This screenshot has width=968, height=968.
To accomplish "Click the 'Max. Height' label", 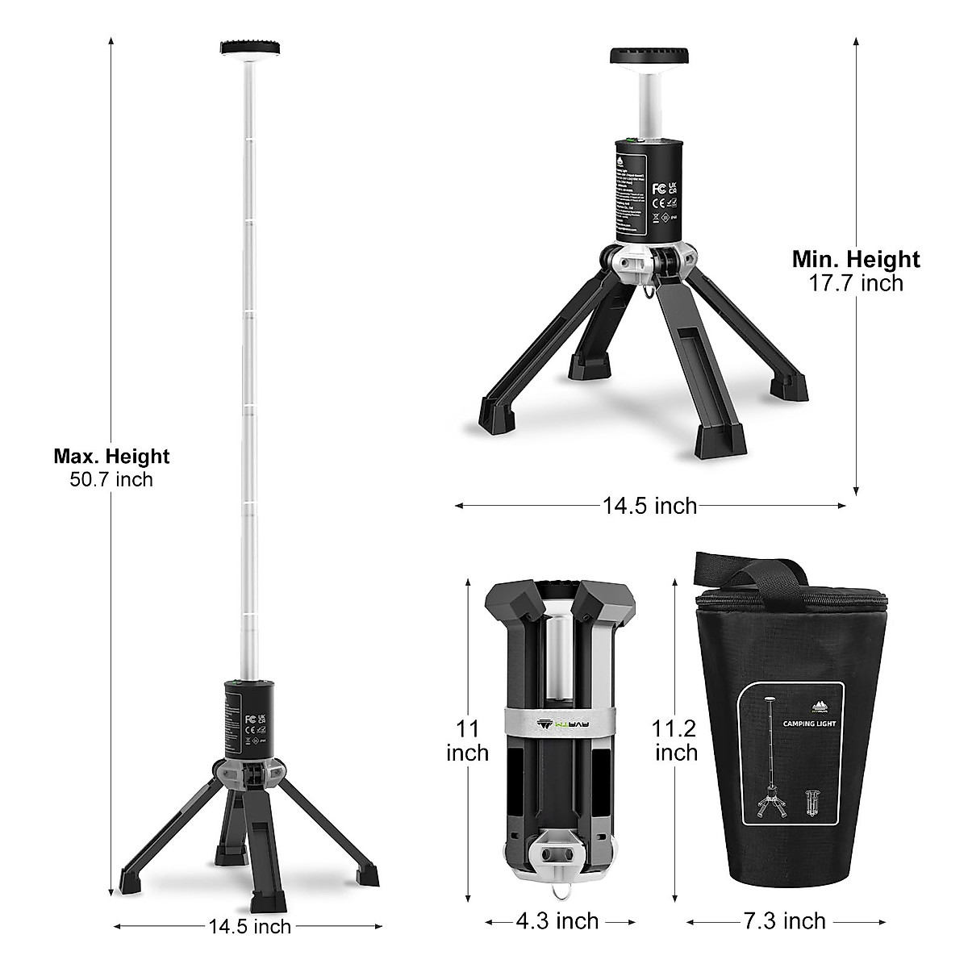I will pos(111,457).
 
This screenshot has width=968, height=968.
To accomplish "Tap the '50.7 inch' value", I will pos(111,479).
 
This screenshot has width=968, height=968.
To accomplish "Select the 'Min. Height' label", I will pos(855,259).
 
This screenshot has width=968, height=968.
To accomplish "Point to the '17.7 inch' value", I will pos(855,283).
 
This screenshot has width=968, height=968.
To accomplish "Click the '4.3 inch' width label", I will pos(560,920).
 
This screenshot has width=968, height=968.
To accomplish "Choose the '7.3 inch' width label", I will pos(786,920).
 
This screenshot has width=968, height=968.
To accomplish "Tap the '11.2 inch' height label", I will pos(676,741).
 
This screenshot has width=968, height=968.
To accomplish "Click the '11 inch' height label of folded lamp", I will pos(468,741).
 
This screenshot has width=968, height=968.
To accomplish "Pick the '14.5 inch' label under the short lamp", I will pos(649,506).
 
